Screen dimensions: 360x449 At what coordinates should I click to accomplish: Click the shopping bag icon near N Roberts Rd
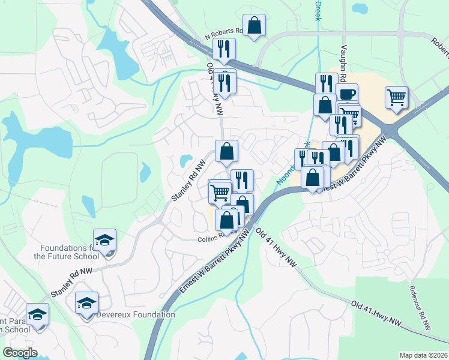(255, 26)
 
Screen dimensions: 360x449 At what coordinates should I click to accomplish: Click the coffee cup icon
(346, 94)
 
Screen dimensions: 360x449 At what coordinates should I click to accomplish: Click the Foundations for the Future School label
(66, 252)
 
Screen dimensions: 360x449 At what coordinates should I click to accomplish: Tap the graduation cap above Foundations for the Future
(105, 240)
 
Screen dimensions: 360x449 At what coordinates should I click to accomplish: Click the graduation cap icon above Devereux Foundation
(86, 303)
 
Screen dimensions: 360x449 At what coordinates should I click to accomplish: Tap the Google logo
(20, 353)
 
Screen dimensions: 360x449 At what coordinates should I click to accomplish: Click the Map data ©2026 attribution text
(423, 355)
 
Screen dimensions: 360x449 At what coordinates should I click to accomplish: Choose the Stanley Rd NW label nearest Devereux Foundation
(72, 281)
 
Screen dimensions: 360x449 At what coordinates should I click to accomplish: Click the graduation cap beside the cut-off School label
(38, 314)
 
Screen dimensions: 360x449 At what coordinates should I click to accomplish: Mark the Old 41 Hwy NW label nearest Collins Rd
(277, 247)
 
